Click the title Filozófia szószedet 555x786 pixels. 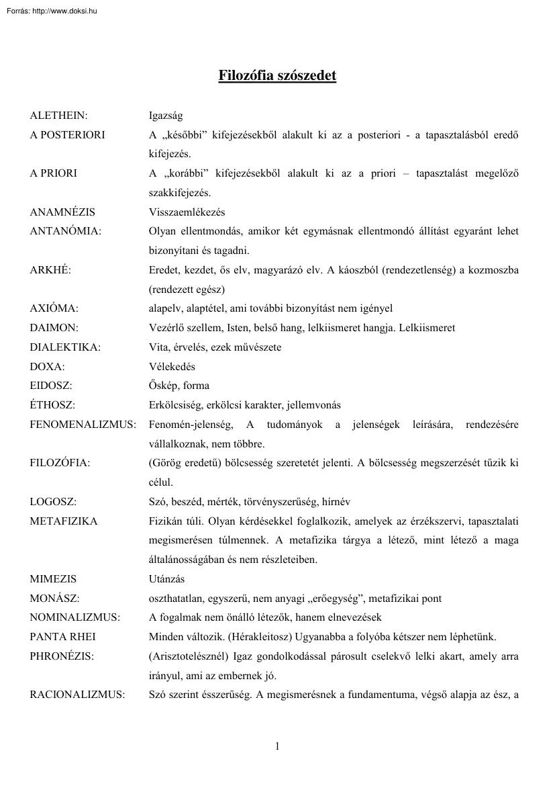tap(277, 75)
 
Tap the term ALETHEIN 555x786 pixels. tap(59, 116)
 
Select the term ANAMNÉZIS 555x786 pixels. tap(62, 212)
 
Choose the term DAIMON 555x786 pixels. tap(54, 328)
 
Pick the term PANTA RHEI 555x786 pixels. tap(64, 637)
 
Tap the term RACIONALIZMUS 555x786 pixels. tap(77, 695)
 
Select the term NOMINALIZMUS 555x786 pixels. tap(74, 617)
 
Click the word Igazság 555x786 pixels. tap(166, 116)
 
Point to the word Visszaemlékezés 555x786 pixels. tap(187, 212)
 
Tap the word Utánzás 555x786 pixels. tap(166, 579)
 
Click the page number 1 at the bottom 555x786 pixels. tap(277, 746)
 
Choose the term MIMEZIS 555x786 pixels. tap(53, 579)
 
